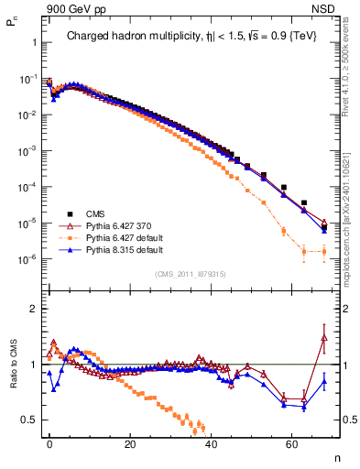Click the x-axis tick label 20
tap(130, 443)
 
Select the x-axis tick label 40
tap(212, 443)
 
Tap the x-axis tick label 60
tap(292, 443)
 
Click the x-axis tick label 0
tap(49, 443)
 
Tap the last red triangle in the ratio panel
tap(324, 337)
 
